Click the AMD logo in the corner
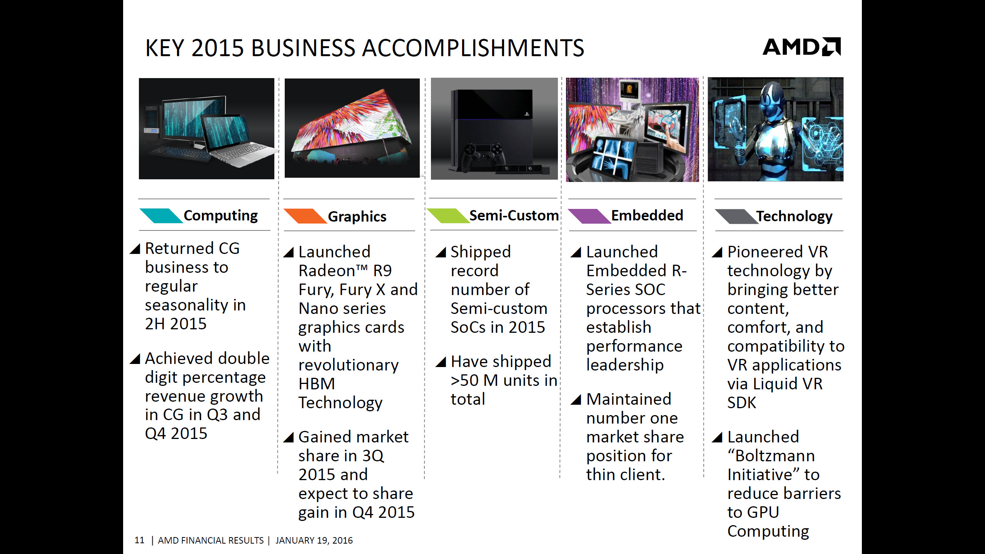[802, 47]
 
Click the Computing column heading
[221, 216]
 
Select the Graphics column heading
[357, 217]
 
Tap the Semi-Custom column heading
[514, 215]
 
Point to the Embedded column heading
[647, 215]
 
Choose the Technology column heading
[795, 216]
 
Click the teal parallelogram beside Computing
[161, 216]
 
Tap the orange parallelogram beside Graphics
[305, 216]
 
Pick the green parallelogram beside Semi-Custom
[448, 216]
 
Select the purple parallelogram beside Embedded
[589, 216]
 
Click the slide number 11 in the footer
[139, 540]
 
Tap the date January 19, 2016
[314, 541]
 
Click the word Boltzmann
[775, 456]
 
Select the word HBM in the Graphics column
[317, 384]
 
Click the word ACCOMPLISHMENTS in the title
[473, 48]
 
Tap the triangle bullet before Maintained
[576, 399]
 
